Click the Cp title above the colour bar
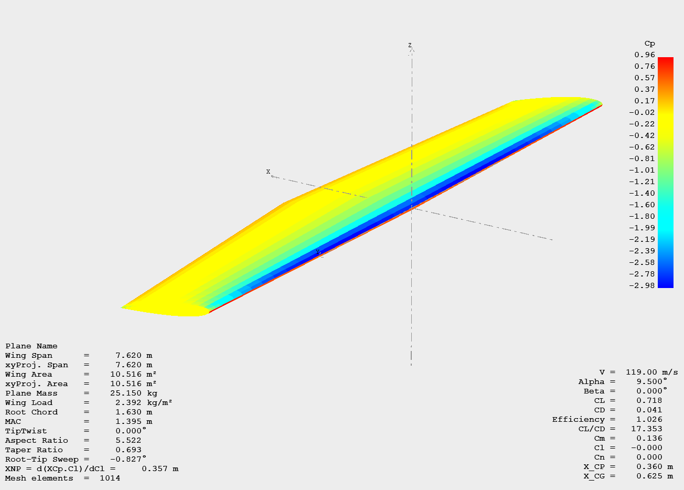(x=649, y=44)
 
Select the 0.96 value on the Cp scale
(x=645, y=55)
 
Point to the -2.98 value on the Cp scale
(x=643, y=285)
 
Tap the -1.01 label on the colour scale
(x=643, y=170)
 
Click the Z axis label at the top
(x=410, y=46)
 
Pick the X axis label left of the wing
(x=268, y=172)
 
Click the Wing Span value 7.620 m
(x=134, y=356)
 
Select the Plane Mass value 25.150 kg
(x=133, y=393)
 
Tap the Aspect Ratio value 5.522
(x=128, y=441)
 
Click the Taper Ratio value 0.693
(x=128, y=450)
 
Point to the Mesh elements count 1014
(x=110, y=478)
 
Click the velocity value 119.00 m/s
(x=651, y=372)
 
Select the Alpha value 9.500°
(x=651, y=382)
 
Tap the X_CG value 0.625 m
(x=654, y=476)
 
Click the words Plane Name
(x=31, y=346)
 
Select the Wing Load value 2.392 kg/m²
(x=144, y=403)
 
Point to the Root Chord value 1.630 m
(x=134, y=412)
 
